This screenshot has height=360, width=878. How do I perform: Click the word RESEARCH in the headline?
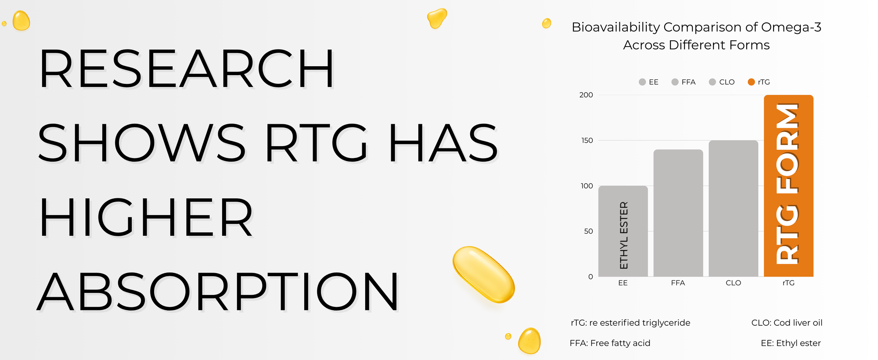[187, 68]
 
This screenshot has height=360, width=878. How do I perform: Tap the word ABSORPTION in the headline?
[218, 292]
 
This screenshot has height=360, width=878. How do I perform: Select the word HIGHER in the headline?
[146, 217]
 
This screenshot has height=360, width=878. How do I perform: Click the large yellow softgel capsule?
[483, 274]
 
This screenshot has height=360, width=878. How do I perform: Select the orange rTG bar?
[788, 186]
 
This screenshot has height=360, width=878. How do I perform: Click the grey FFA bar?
[678, 213]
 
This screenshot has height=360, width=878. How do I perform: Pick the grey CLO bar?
[733, 209]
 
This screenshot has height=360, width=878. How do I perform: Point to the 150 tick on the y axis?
[587, 140]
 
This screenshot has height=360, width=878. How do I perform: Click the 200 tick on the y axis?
[586, 95]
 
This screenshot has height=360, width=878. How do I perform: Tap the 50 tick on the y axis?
[589, 231]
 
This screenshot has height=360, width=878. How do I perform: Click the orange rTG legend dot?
[751, 82]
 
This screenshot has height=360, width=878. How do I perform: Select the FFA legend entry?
[684, 82]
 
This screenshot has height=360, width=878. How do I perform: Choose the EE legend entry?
[649, 82]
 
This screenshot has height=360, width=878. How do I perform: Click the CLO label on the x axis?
[733, 283]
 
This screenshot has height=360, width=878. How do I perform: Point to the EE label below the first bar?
[623, 283]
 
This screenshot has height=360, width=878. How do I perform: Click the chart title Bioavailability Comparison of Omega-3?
[696, 27]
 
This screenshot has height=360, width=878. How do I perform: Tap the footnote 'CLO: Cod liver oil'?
[787, 323]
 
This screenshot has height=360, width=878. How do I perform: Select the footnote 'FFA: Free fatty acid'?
[610, 343]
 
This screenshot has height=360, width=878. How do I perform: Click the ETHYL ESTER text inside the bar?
[624, 235]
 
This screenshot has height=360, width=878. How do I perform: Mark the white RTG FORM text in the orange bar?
[788, 184]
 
